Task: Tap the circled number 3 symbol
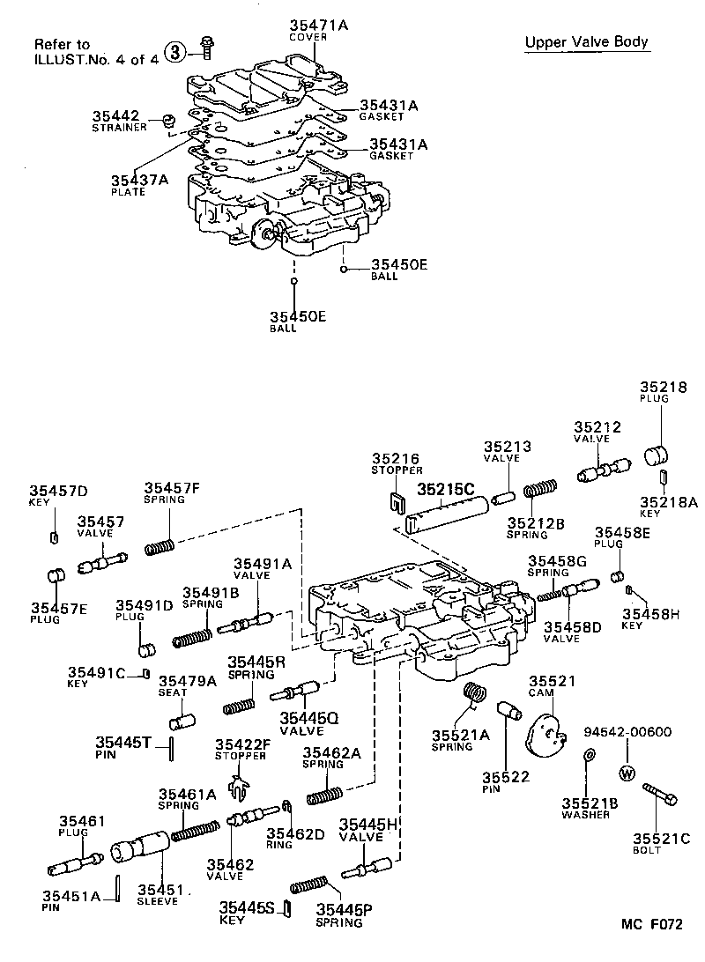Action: pos(175,52)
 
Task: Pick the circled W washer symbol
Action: pos(627,773)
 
